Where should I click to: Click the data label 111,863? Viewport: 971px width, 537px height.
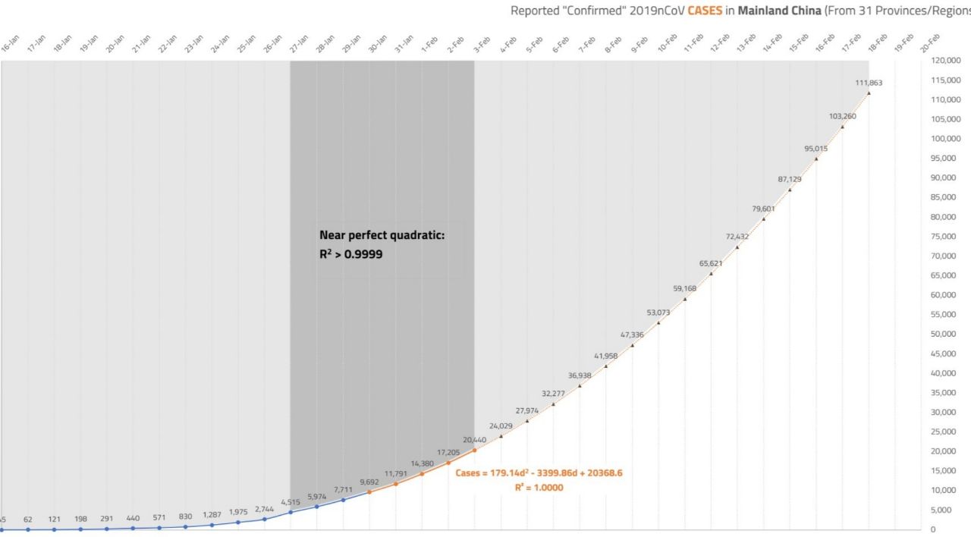pos(869,83)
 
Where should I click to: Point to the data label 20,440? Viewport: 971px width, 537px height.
pos(474,439)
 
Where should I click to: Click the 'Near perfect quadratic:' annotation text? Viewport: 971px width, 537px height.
pos(382,236)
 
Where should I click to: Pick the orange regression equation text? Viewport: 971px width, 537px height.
pos(539,473)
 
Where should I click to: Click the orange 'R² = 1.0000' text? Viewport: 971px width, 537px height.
pos(539,488)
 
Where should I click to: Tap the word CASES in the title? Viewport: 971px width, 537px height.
pos(705,11)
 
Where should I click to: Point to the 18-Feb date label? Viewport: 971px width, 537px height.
pos(876,44)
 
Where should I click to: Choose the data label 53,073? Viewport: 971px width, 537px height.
pos(658,312)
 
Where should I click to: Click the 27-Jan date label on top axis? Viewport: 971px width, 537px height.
pos(298,45)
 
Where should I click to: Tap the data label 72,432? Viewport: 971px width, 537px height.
pos(737,237)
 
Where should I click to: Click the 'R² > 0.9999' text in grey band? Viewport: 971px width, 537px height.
pos(351,255)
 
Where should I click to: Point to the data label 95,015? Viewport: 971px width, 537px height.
pos(816,149)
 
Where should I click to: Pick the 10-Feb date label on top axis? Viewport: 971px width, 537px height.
pos(667,45)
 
